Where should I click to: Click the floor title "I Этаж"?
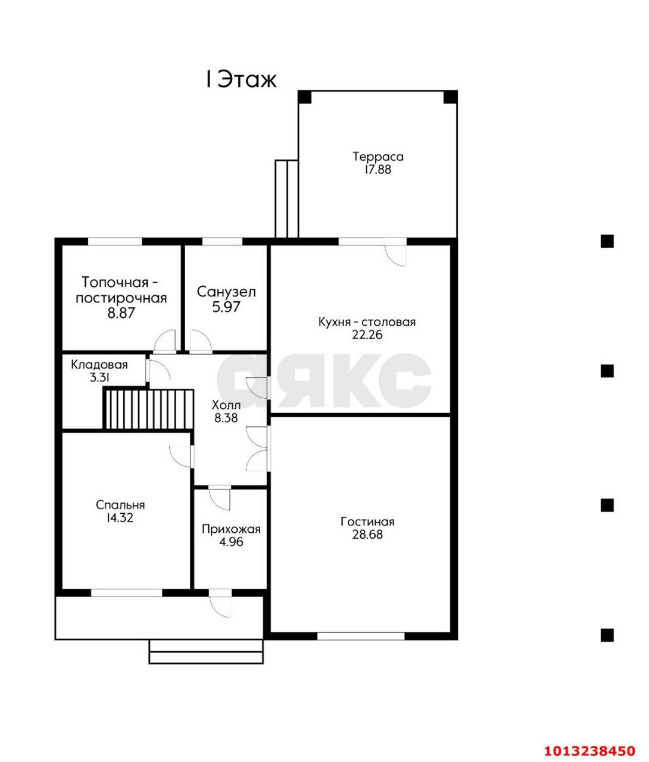(x=241, y=80)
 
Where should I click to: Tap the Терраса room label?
(x=378, y=157)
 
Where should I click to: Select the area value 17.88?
(x=377, y=170)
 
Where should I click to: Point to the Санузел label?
(x=226, y=292)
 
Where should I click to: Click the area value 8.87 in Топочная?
(x=121, y=313)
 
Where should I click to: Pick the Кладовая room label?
(x=99, y=365)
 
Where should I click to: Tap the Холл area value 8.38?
(x=226, y=418)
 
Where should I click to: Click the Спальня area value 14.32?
(x=120, y=517)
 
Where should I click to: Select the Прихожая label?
(x=231, y=529)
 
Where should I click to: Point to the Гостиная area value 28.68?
(x=367, y=535)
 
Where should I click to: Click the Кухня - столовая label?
(x=367, y=322)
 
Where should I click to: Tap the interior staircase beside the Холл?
(x=148, y=409)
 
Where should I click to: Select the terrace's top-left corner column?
(x=305, y=97)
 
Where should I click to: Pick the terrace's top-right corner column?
(x=450, y=97)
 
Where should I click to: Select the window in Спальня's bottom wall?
(x=126, y=593)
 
